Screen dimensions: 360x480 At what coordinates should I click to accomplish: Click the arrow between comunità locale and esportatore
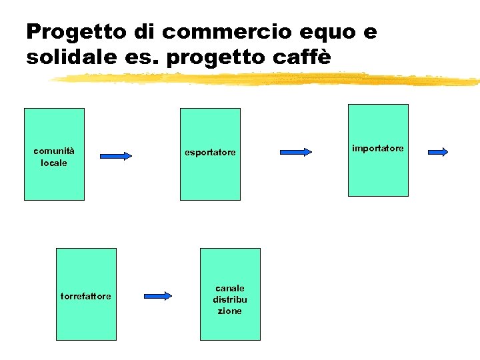tap(117, 156)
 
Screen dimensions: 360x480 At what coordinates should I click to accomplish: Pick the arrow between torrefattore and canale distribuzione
tap(158, 295)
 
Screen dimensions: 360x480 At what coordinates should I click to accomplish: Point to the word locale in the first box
tap(54, 163)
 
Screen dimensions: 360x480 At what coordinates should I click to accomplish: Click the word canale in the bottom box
tap(230, 288)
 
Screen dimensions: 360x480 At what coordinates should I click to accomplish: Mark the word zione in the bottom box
tap(230, 311)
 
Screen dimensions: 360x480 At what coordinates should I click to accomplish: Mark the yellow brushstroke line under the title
tap(267, 79)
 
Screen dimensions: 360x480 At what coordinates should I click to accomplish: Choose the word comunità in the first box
tap(54, 151)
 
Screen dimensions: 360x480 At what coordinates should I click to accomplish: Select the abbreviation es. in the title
tap(143, 57)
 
